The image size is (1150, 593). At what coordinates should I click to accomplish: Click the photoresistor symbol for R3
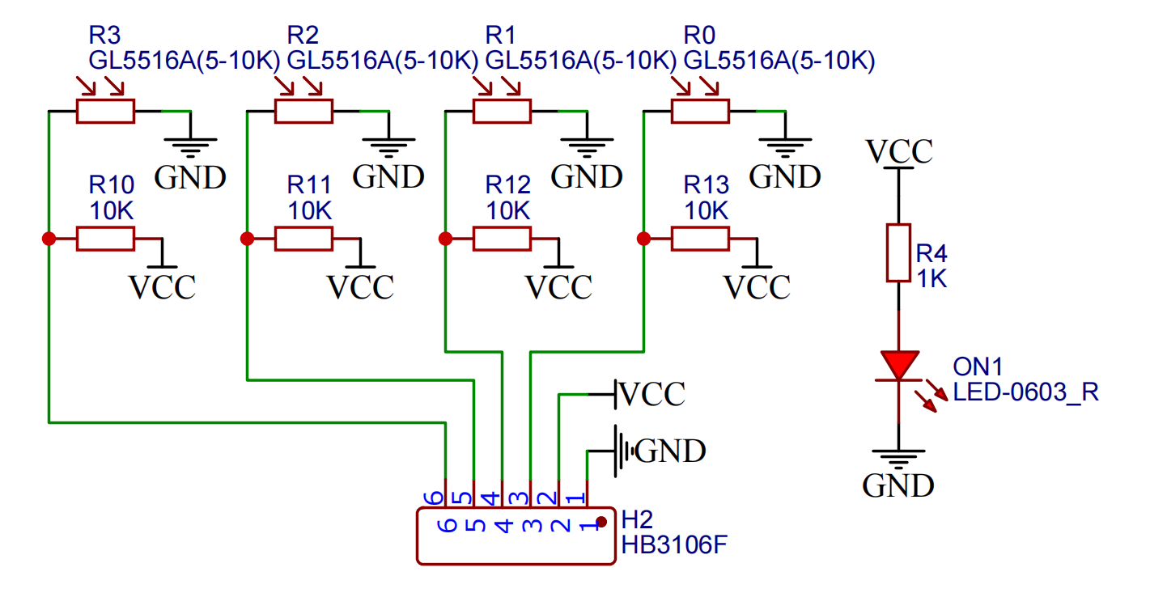(105, 111)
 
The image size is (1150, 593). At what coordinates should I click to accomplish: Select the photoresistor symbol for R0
(700, 111)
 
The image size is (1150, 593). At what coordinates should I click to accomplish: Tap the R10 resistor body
(105, 239)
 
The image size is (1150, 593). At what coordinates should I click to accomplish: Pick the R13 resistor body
(700, 239)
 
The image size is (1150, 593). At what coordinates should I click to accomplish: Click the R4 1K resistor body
(898, 253)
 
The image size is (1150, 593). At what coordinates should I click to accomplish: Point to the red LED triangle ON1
(899, 365)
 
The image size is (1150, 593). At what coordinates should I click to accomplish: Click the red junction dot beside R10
(49, 239)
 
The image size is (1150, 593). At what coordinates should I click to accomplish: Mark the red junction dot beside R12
(445, 239)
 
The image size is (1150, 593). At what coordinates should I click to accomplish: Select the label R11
(309, 185)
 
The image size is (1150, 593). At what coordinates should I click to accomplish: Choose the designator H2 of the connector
(637, 519)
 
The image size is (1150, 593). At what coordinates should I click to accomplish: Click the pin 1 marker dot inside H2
(601, 522)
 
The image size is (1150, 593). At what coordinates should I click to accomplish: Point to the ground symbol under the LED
(898, 460)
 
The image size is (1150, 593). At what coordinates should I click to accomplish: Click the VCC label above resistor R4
(899, 151)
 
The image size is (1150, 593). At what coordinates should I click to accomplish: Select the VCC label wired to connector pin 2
(651, 395)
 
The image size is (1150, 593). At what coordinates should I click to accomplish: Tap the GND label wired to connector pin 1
(670, 451)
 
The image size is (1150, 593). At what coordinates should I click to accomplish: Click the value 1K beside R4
(931, 279)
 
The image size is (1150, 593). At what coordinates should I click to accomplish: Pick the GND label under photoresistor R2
(388, 176)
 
